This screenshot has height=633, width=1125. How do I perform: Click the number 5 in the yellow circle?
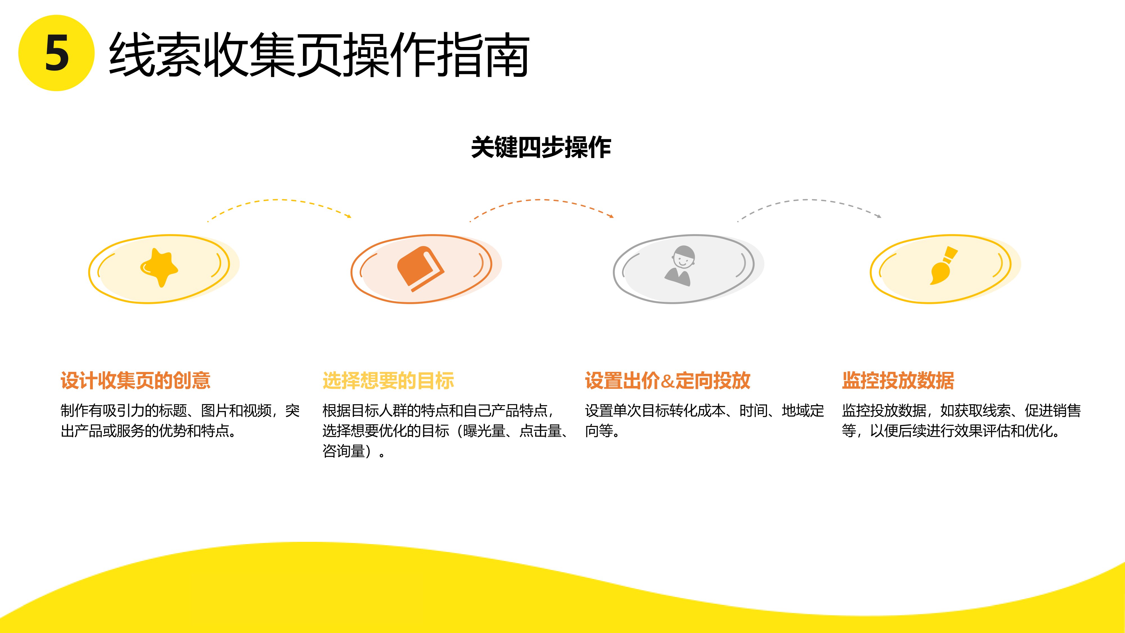point(57,53)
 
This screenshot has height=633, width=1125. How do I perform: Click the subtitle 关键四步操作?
point(541,147)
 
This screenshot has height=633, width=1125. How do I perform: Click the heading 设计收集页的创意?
point(135,380)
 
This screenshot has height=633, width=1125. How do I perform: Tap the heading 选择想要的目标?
point(388,380)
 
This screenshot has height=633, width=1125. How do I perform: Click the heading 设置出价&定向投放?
point(667,380)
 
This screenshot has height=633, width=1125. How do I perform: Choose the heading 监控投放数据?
point(898,380)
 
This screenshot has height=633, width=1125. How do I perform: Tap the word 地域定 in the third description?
point(803,411)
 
